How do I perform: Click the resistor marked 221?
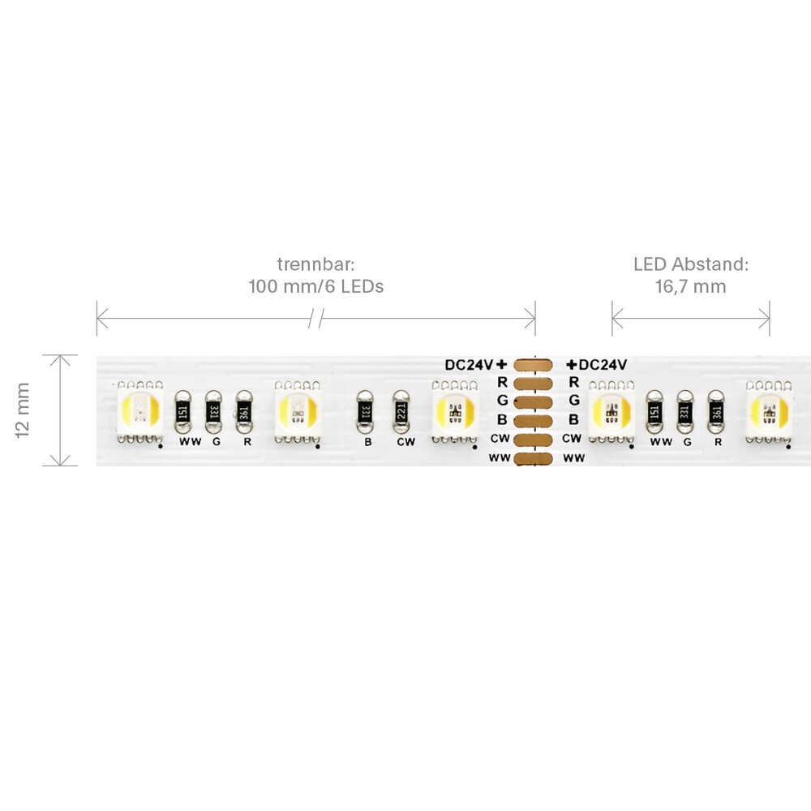point(401,412)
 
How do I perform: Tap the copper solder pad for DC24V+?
point(534,365)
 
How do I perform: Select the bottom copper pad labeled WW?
point(534,458)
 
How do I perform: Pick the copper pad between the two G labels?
point(534,402)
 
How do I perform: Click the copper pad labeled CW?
point(534,440)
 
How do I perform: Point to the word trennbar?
point(315,264)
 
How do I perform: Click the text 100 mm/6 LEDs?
point(316,286)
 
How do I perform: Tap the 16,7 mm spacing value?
point(690,286)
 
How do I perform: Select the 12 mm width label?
point(23,410)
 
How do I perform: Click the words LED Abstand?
point(691,264)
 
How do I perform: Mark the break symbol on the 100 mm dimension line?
point(315,319)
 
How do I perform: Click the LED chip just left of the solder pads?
point(455,412)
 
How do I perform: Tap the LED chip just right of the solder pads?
point(611,412)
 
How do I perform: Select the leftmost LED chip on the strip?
point(140,412)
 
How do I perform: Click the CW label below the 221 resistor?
point(406,442)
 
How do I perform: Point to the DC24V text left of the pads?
point(469,365)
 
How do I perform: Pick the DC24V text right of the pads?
point(603,365)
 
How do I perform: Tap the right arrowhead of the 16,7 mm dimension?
point(765,319)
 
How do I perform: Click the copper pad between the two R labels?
point(534,384)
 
